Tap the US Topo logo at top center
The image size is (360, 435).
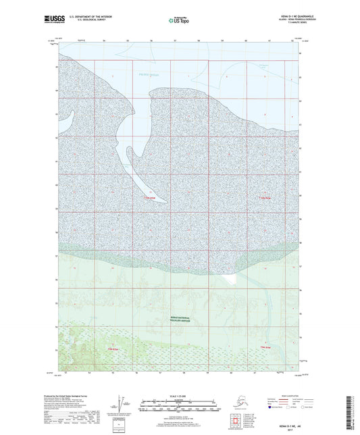pyautogui.click(x=180, y=21)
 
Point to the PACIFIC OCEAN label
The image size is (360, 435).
pyautogui.click(x=147, y=78)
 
